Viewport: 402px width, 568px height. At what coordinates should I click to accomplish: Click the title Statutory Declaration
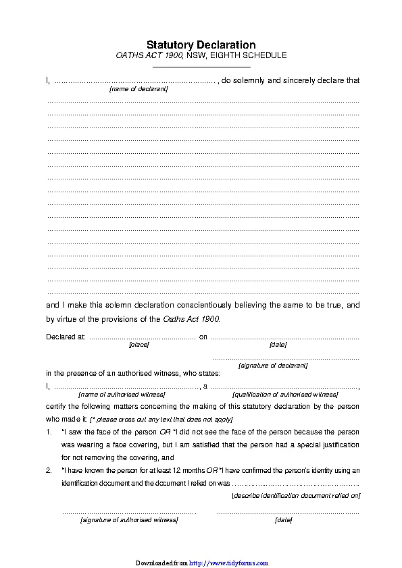[201, 45]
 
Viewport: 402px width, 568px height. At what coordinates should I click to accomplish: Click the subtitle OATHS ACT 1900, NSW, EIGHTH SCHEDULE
[201, 55]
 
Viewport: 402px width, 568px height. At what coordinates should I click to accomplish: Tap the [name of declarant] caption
[139, 89]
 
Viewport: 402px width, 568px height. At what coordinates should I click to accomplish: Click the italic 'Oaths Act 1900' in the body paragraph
[191, 319]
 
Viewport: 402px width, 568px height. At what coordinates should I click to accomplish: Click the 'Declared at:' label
[66, 337]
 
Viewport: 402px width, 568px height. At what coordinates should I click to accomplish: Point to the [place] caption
[139, 345]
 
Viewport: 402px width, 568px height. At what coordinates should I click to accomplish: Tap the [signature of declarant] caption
[273, 366]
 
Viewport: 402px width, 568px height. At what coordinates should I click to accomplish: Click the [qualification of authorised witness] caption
[284, 394]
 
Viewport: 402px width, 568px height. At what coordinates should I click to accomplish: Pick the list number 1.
[49, 432]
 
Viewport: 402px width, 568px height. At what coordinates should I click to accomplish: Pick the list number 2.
[49, 470]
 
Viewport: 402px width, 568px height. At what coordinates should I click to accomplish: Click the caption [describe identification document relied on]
[295, 496]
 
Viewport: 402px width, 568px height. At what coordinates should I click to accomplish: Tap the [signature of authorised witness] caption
[129, 520]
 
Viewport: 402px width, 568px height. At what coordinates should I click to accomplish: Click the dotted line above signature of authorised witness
[129, 513]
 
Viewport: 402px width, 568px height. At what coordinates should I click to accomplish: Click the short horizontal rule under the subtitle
[201, 66]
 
